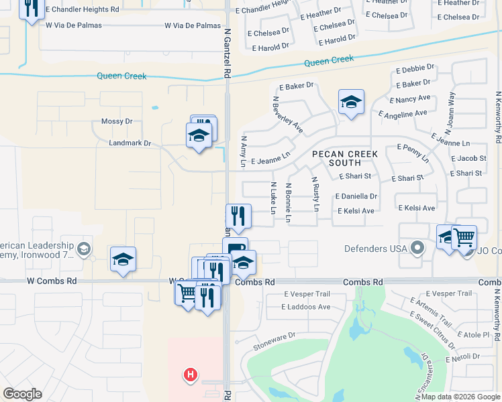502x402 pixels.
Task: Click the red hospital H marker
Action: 191,375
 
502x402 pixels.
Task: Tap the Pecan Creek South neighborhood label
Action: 345,158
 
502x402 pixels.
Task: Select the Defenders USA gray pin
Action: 417,249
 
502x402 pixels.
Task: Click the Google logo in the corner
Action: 22,394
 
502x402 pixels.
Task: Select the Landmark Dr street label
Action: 130,143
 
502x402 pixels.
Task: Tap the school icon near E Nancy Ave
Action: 351,103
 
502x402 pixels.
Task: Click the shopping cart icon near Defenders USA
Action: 464,237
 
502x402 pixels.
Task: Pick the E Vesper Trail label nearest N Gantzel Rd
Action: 307,294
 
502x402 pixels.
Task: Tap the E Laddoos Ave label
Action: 307,307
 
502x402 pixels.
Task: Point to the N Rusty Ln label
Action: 315,194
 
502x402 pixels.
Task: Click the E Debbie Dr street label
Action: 415,68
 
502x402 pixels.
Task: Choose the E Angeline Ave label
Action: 403,113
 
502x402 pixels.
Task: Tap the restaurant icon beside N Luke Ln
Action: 238,216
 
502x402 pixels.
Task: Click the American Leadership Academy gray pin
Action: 83,250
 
